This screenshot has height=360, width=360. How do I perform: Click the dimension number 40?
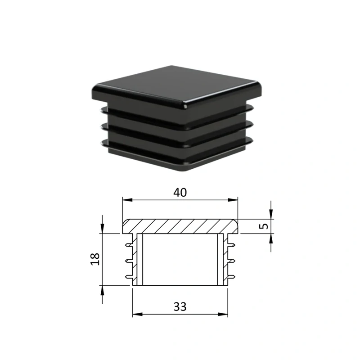click(180, 193)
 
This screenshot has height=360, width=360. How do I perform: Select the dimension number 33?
click(180, 306)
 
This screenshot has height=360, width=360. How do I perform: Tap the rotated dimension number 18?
click(95, 259)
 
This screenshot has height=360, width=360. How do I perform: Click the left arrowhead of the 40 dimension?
click(127, 200)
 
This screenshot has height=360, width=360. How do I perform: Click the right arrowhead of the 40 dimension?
click(233, 200)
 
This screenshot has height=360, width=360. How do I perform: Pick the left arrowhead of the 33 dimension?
click(138, 314)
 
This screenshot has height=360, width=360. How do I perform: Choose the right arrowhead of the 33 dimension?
click(223, 314)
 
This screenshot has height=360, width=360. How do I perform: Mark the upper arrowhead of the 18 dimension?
click(103, 229)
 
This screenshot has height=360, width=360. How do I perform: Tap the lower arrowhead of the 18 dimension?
click(103, 290)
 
